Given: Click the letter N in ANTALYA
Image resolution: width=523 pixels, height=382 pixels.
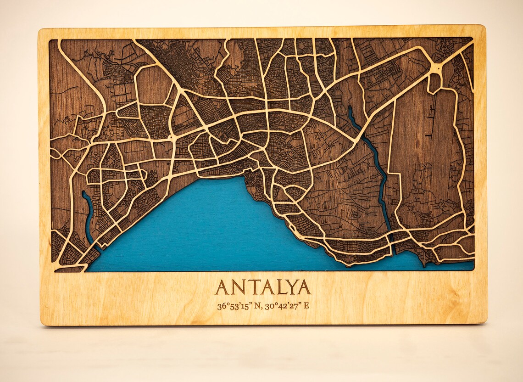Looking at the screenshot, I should pos(238,287).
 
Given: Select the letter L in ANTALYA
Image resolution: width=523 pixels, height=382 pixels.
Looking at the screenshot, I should pos(280,287).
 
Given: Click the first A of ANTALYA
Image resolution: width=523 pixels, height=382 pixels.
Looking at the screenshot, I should pos(222,287).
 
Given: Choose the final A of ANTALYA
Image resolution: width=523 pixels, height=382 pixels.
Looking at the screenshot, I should pos(304,287).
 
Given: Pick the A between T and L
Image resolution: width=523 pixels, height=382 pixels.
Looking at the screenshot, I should pos(267,287).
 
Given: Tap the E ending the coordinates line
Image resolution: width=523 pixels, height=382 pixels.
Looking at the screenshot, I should pos(306,306).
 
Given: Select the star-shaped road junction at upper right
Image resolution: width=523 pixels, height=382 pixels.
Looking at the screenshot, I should pos(436,68).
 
